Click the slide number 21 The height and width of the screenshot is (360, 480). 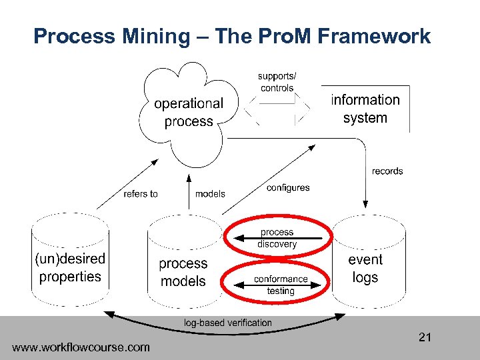pyautogui.click(x=425, y=337)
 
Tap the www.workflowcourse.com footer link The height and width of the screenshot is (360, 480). pyautogui.click(x=81, y=347)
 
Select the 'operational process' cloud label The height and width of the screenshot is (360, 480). pyautogui.click(x=189, y=112)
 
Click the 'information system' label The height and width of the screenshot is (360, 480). pyautogui.click(x=365, y=109)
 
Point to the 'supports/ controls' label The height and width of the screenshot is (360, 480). pyautogui.click(x=277, y=82)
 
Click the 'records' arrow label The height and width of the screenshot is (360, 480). pyautogui.click(x=387, y=171)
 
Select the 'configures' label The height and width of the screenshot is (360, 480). pyautogui.click(x=288, y=187)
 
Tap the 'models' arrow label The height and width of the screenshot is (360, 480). pyautogui.click(x=210, y=194)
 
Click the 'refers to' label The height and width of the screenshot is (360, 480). pyautogui.click(x=141, y=194)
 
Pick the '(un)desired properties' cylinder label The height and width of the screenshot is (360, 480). pyautogui.click(x=70, y=267)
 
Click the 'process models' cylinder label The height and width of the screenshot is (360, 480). pyautogui.click(x=183, y=272)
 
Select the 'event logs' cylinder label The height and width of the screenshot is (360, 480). pyautogui.click(x=365, y=268)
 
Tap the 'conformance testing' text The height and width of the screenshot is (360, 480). pyautogui.click(x=281, y=285)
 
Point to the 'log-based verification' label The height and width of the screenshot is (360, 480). pyautogui.click(x=228, y=323)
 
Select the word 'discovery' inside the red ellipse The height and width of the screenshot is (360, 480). pyautogui.click(x=277, y=244)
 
